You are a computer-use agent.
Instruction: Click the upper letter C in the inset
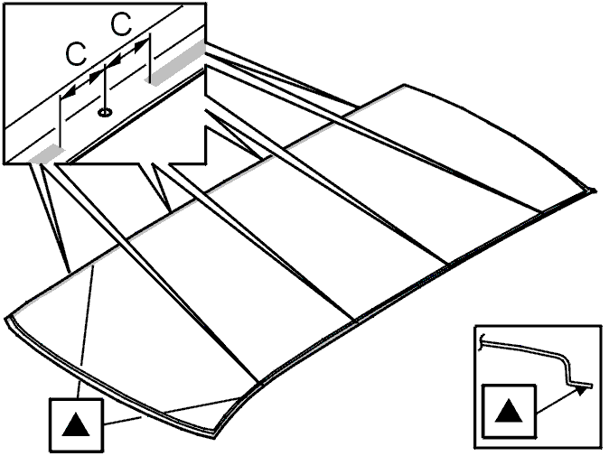[122, 23]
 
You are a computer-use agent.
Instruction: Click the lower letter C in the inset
[76, 54]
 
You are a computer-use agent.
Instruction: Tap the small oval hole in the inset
[105, 113]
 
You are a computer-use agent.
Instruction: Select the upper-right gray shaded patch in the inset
[177, 62]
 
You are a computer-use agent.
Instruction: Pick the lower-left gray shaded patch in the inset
[47, 154]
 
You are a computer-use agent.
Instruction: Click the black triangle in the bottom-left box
[76, 424]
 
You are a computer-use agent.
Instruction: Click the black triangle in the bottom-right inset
[509, 410]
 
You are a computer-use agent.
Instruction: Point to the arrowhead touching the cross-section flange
[581, 390]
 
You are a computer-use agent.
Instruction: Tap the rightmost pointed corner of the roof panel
[595, 191]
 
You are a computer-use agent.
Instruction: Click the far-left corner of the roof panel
[6, 320]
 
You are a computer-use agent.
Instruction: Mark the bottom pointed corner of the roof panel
[215, 437]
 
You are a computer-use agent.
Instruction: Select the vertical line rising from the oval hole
[105, 88]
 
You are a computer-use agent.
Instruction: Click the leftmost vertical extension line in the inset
[61, 122]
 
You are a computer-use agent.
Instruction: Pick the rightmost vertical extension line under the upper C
[149, 57]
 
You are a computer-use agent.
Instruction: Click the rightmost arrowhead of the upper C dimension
[140, 47]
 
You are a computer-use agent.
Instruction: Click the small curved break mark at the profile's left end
[482, 341]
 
